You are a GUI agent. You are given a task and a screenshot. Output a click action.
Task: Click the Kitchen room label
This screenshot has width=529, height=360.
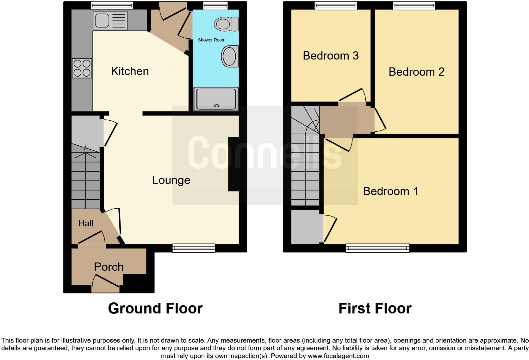pyautogui.click(x=130, y=71)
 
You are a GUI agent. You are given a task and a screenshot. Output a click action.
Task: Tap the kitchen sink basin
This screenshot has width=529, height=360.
pyautogui.click(x=102, y=21)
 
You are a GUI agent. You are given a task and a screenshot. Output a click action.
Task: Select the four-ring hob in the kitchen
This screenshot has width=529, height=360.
pyautogui.click(x=82, y=68)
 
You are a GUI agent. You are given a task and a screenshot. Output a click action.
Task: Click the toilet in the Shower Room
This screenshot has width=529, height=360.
pyautogui.click(x=226, y=24)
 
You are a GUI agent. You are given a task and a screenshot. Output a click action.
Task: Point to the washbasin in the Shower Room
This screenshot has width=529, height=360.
pyautogui.click(x=229, y=57)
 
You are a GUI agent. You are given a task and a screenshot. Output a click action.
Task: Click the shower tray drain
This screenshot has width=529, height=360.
pyautogui.click(x=216, y=106)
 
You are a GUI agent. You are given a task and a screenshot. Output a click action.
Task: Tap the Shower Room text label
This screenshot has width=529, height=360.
pyautogui.click(x=211, y=40)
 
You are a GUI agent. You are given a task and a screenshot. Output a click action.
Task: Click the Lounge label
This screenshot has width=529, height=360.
pyautogui.click(x=171, y=180)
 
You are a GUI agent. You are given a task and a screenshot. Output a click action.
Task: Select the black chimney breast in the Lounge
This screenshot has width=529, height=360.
pyautogui.click(x=233, y=164)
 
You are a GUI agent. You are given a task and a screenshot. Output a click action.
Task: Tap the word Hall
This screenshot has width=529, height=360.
pyautogui.click(x=86, y=224)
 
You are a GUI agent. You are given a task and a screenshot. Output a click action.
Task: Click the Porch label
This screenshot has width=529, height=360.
pyautogui.click(x=109, y=267)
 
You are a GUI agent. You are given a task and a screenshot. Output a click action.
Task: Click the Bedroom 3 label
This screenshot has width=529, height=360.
pyautogui.click(x=331, y=56)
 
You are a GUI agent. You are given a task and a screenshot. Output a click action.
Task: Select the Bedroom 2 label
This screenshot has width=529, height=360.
pyautogui.click(x=416, y=72)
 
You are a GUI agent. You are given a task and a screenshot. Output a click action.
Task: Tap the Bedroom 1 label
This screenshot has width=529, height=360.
pyautogui.click(x=390, y=191)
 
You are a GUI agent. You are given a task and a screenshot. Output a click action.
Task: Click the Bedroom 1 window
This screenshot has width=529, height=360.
pyautogui.click(x=377, y=248)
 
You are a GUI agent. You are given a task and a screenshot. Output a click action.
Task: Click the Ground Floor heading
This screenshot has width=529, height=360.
pyautogui.click(x=155, y=308)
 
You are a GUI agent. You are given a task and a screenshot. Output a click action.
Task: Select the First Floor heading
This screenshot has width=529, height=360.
pyautogui.click(x=375, y=308)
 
